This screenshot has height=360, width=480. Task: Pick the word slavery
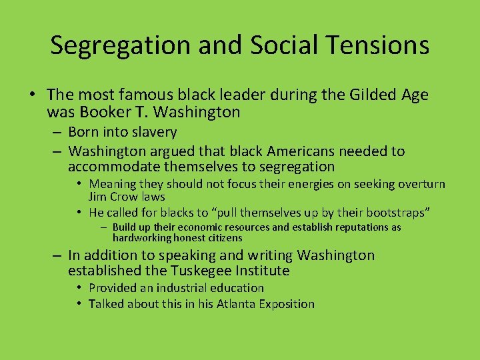tap(154, 133)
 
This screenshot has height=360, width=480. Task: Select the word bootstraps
tap(394, 213)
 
